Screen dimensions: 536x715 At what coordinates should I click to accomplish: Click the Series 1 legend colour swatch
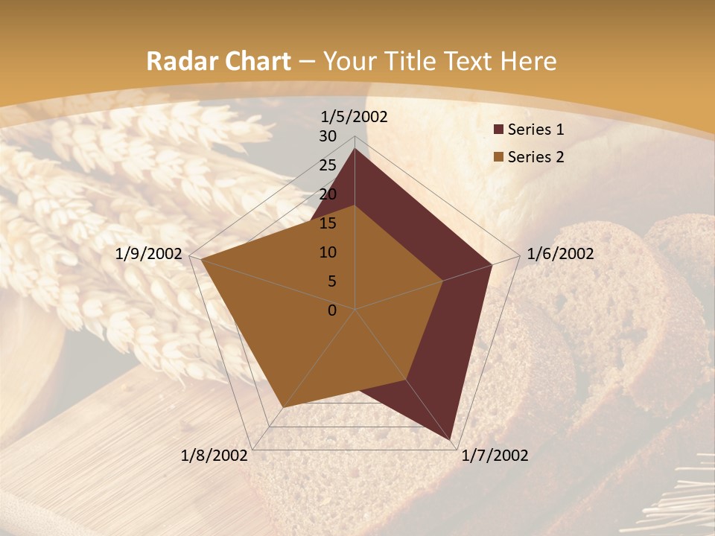click(498, 130)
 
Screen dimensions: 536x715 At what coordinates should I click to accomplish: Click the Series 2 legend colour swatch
click(498, 157)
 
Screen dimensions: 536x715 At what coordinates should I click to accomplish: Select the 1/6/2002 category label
click(560, 254)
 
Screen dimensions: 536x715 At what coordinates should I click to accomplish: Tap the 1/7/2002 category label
click(495, 456)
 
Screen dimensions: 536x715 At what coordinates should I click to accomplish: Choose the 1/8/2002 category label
click(214, 456)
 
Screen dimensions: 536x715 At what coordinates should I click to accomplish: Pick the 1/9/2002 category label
click(149, 254)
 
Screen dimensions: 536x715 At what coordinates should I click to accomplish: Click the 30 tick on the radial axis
click(328, 136)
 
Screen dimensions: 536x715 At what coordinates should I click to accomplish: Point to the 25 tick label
click(328, 165)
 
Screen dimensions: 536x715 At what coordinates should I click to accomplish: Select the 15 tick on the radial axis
click(328, 223)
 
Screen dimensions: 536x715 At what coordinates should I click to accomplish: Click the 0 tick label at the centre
click(332, 310)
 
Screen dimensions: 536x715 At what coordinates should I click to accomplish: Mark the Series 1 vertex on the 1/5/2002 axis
click(355, 149)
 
